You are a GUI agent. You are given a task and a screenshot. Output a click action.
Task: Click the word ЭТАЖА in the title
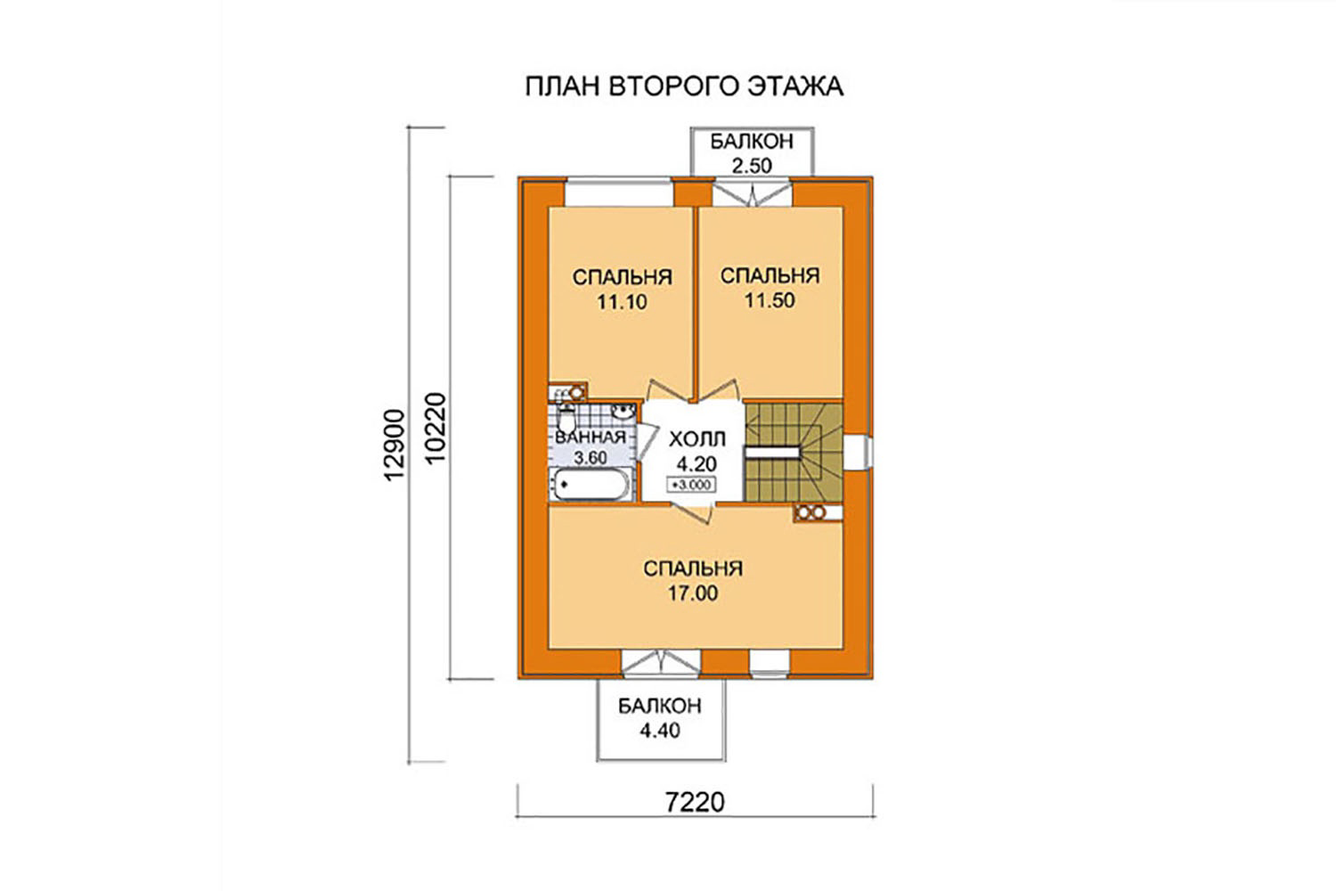click(794, 86)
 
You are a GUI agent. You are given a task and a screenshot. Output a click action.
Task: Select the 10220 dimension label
click(436, 428)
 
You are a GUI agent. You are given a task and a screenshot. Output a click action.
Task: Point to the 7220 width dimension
click(695, 802)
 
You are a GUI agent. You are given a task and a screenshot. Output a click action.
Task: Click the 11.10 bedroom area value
click(622, 302)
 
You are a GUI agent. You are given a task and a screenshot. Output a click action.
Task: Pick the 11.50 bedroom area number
click(770, 300)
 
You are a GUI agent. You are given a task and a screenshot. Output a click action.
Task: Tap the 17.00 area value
click(692, 593)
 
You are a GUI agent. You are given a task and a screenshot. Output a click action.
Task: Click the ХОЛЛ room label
click(697, 439)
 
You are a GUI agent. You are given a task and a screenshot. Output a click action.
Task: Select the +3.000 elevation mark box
click(692, 485)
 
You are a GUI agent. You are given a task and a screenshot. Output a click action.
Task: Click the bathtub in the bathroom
click(591, 485)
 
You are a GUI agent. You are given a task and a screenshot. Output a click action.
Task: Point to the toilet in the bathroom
click(565, 418)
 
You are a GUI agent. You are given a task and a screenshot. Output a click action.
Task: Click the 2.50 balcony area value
click(752, 166)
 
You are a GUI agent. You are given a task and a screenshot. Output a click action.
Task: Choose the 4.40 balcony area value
click(660, 730)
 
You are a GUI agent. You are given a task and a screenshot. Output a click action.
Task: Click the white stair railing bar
click(772, 453)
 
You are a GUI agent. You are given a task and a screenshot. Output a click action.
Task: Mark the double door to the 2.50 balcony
click(752, 192)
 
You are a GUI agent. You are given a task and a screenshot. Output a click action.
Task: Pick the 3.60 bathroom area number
click(590, 458)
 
